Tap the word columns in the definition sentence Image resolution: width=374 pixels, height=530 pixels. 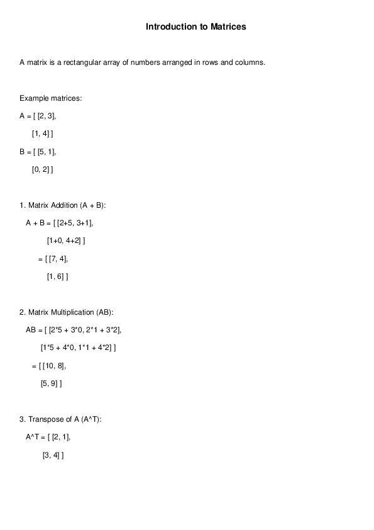coord(250,62)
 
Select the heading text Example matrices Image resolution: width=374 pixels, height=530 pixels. coord(50,98)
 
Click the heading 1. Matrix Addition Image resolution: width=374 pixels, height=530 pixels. coord(63,205)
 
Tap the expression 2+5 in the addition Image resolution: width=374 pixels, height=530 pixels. coord(65,223)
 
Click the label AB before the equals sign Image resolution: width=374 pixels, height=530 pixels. coord(31,330)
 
